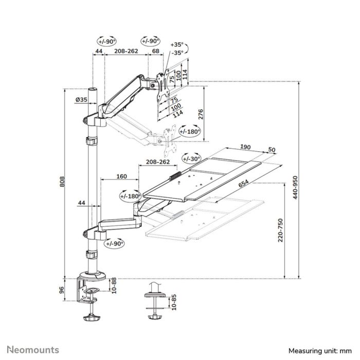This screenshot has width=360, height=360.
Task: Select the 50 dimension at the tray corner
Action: [272, 150]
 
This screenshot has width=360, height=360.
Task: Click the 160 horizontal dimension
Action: [121, 176]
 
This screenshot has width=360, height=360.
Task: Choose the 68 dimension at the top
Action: [155, 52]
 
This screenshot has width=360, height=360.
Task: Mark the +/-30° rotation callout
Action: [191, 158]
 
